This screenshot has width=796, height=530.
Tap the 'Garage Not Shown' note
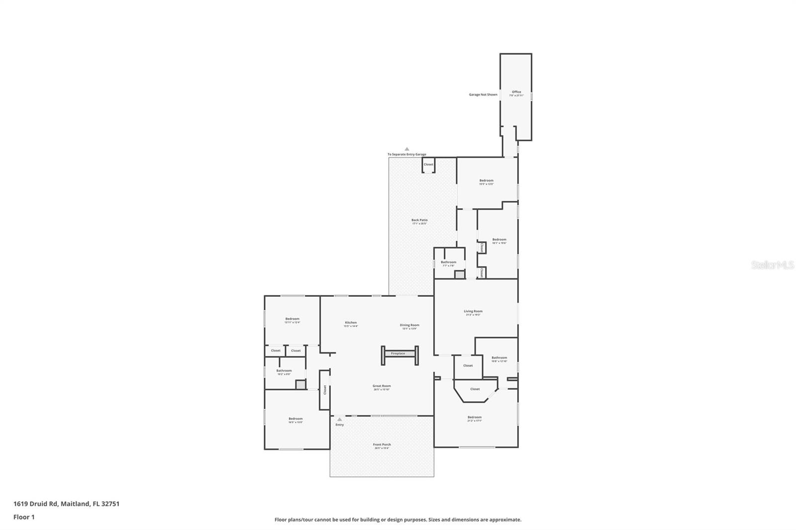point(483,94)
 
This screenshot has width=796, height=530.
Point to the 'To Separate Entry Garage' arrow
point(406,149)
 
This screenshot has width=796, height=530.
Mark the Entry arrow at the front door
point(340,420)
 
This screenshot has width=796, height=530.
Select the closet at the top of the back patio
point(428,165)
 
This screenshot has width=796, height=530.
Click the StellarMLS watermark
point(772,265)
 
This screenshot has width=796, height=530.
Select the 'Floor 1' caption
point(24,517)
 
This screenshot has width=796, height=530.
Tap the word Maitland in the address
point(75,504)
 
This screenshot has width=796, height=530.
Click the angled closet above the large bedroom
point(475,389)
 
